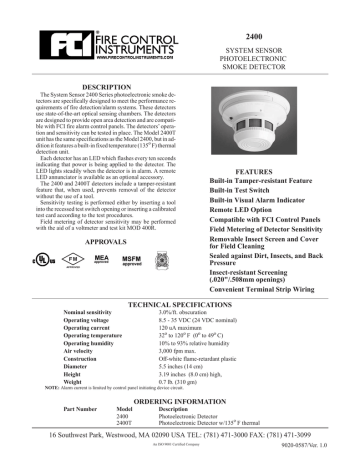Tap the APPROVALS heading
(100, 242)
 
